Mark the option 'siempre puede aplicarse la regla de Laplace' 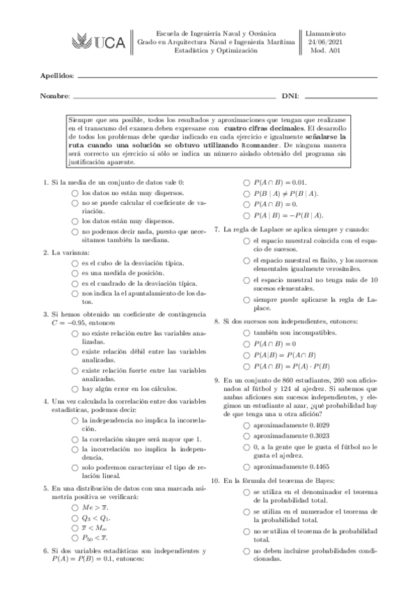tap(247, 299)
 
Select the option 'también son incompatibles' tap(247, 333)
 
